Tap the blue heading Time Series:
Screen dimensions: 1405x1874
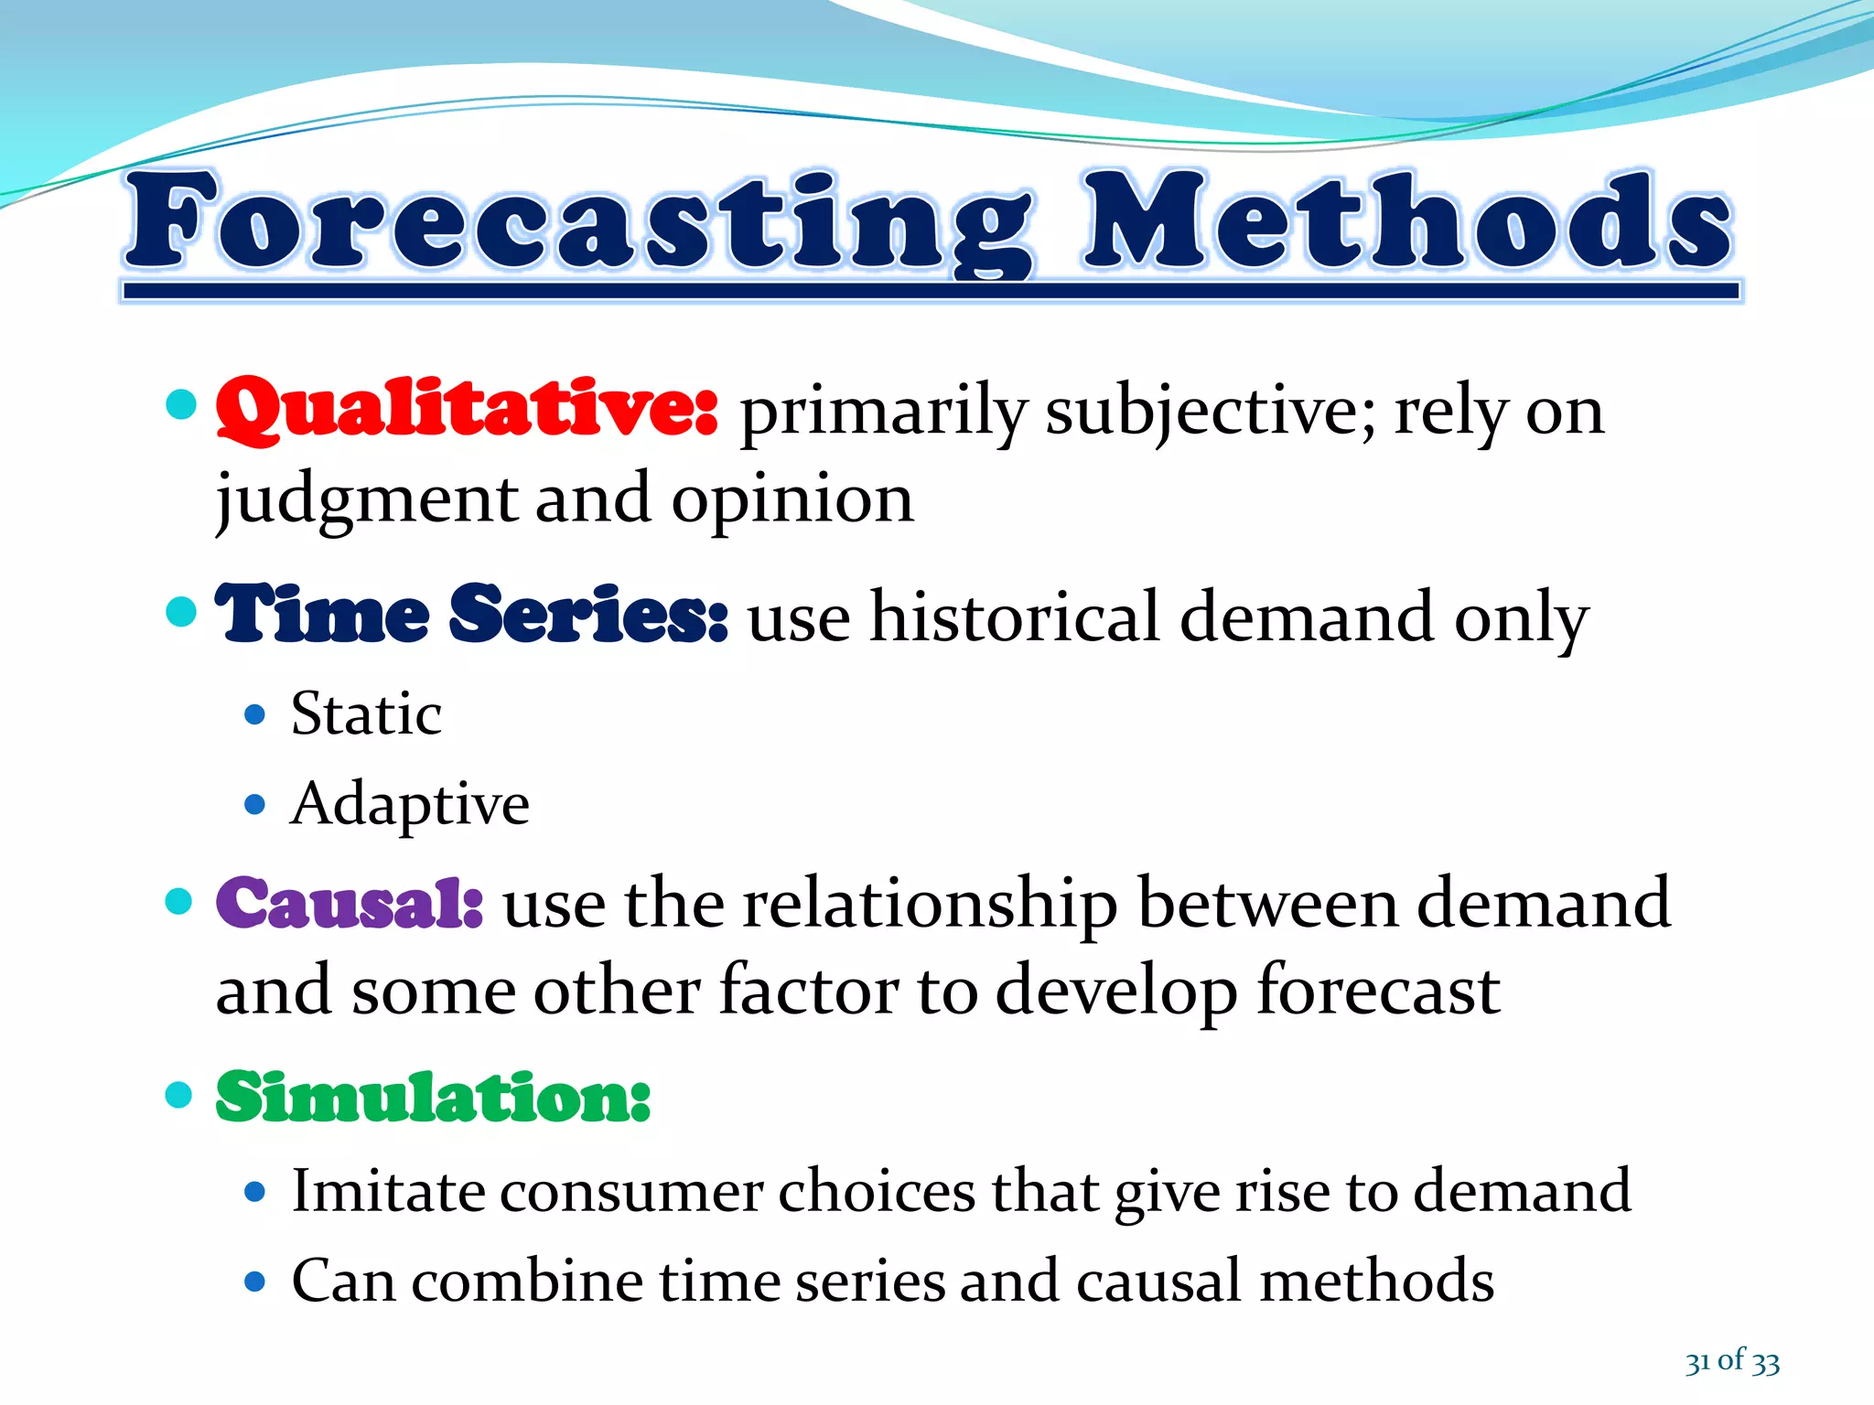[x=471, y=615]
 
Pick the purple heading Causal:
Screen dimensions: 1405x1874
[x=350, y=903]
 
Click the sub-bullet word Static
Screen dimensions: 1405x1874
[x=366, y=713]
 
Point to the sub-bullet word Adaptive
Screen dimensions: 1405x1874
[x=409, y=804]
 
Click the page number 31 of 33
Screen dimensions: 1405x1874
[x=1732, y=1361]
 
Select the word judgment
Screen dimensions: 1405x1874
[x=366, y=501]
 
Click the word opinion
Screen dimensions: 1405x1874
[x=792, y=501]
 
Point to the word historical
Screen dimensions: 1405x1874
[x=1014, y=617]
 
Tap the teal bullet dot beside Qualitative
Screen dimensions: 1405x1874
[x=182, y=404]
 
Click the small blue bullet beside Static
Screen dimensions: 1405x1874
[x=255, y=714]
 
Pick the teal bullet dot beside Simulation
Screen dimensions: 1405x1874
[x=179, y=1094]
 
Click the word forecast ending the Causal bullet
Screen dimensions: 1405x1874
[x=1378, y=992]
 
